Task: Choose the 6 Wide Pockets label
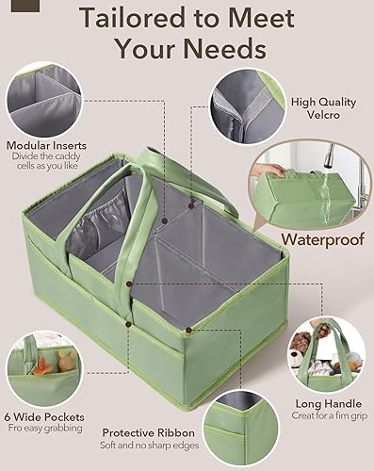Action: [x=44, y=416]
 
